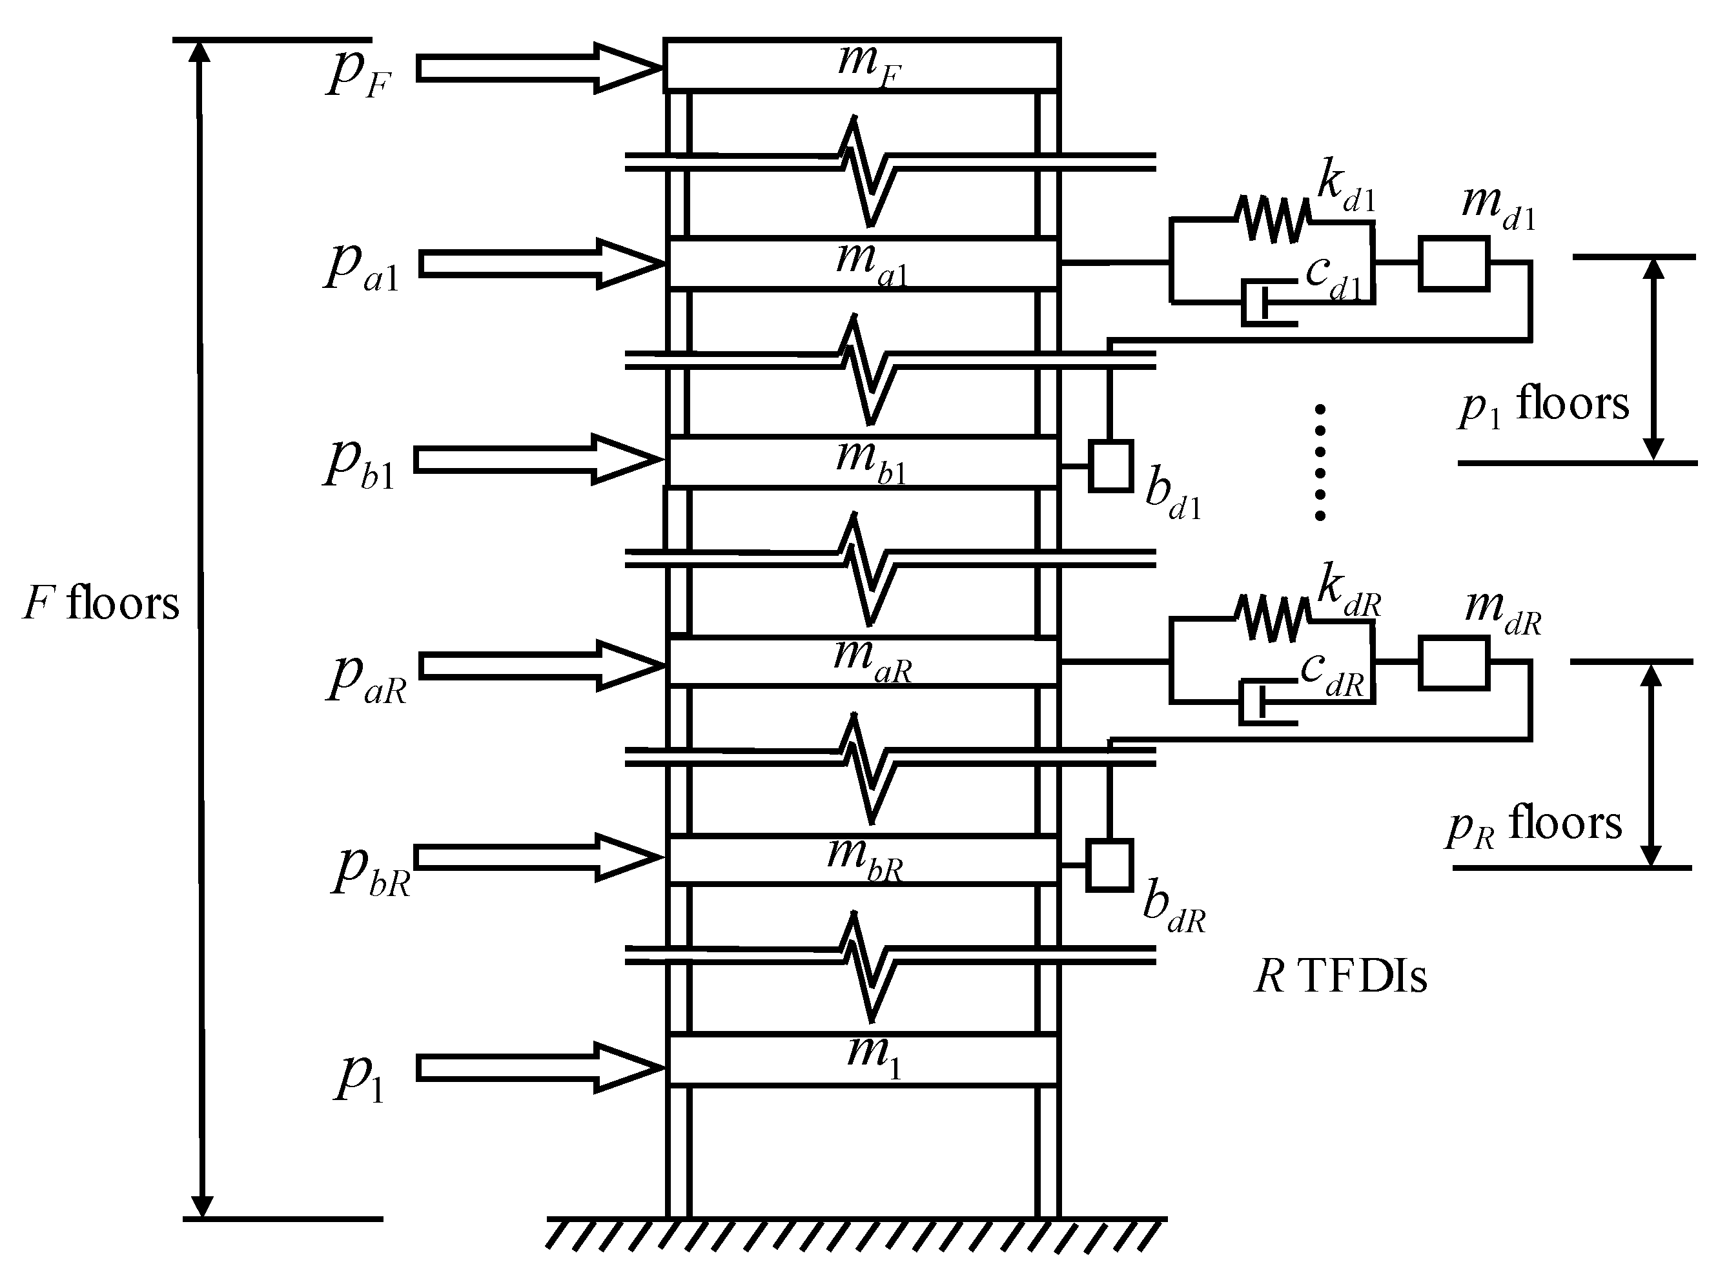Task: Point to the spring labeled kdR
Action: pyautogui.click(x=1273, y=618)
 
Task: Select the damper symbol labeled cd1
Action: pyautogui.click(x=1265, y=303)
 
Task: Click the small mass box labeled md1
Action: pyautogui.click(x=1453, y=264)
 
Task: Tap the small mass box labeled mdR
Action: pyautogui.click(x=1453, y=663)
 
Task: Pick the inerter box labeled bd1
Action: pyautogui.click(x=1110, y=466)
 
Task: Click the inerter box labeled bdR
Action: pyautogui.click(x=1109, y=865)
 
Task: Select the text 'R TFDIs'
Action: pyautogui.click(x=1340, y=976)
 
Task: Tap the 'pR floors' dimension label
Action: pyautogui.click(x=1534, y=824)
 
